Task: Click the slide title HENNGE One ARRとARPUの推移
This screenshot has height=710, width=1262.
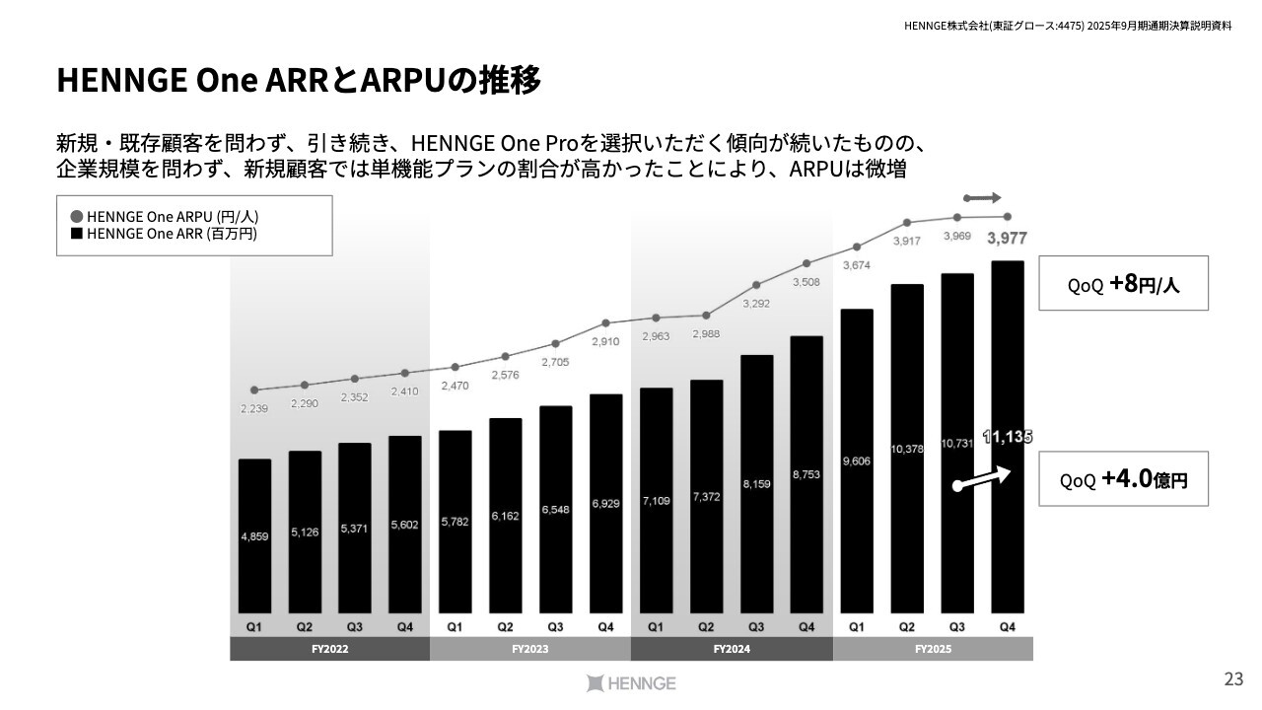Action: click(x=299, y=81)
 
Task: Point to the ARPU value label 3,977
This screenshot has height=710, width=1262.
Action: click(x=1007, y=238)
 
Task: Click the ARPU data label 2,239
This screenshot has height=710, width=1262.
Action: click(x=254, y=408)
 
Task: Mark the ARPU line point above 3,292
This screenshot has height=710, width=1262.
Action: click(x=756, y=285)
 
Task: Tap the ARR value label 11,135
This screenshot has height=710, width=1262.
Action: click(x=1007, y=436)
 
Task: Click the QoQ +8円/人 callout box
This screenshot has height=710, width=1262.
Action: click(x=1123, y=284)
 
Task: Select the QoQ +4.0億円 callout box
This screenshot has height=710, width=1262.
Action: click(x=1123, y=480)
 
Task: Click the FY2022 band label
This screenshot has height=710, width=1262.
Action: click(x=329, y=650)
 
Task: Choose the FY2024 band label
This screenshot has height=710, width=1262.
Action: click(x=731, y=650)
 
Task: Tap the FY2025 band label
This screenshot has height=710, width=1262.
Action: click(x=932, y=650)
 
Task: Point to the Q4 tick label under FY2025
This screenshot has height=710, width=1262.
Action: click(x=1007, y=627)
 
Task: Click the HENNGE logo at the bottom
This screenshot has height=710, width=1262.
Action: click(x=631, y=682)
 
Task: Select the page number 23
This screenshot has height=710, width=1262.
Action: click(x=1232, y=678)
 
